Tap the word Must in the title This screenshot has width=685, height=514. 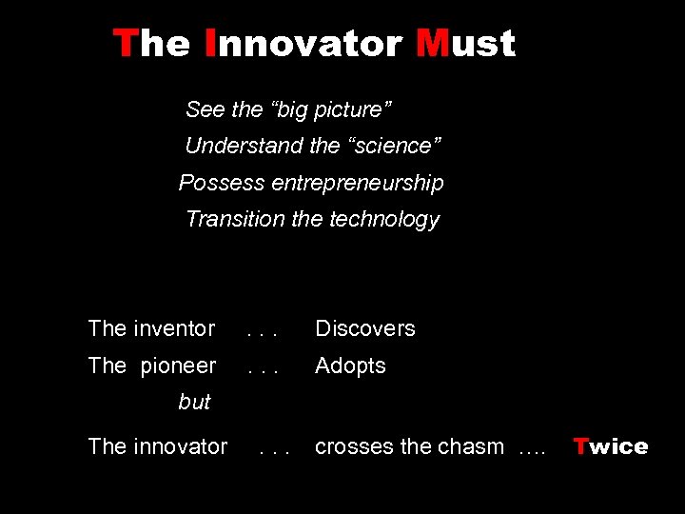point(465,44)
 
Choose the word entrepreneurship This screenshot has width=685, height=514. point(358,183)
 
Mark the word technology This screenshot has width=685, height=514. point(384,220)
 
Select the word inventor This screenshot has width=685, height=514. point(174,329)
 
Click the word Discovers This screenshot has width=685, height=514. point(365,329)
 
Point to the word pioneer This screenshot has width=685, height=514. point(178,366)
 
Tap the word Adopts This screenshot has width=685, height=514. point(350,366)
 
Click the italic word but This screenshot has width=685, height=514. point(194,403)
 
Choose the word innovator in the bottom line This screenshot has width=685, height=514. point(180,446)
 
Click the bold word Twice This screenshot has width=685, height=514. point(610,446)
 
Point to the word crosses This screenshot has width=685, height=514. point(349,446)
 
